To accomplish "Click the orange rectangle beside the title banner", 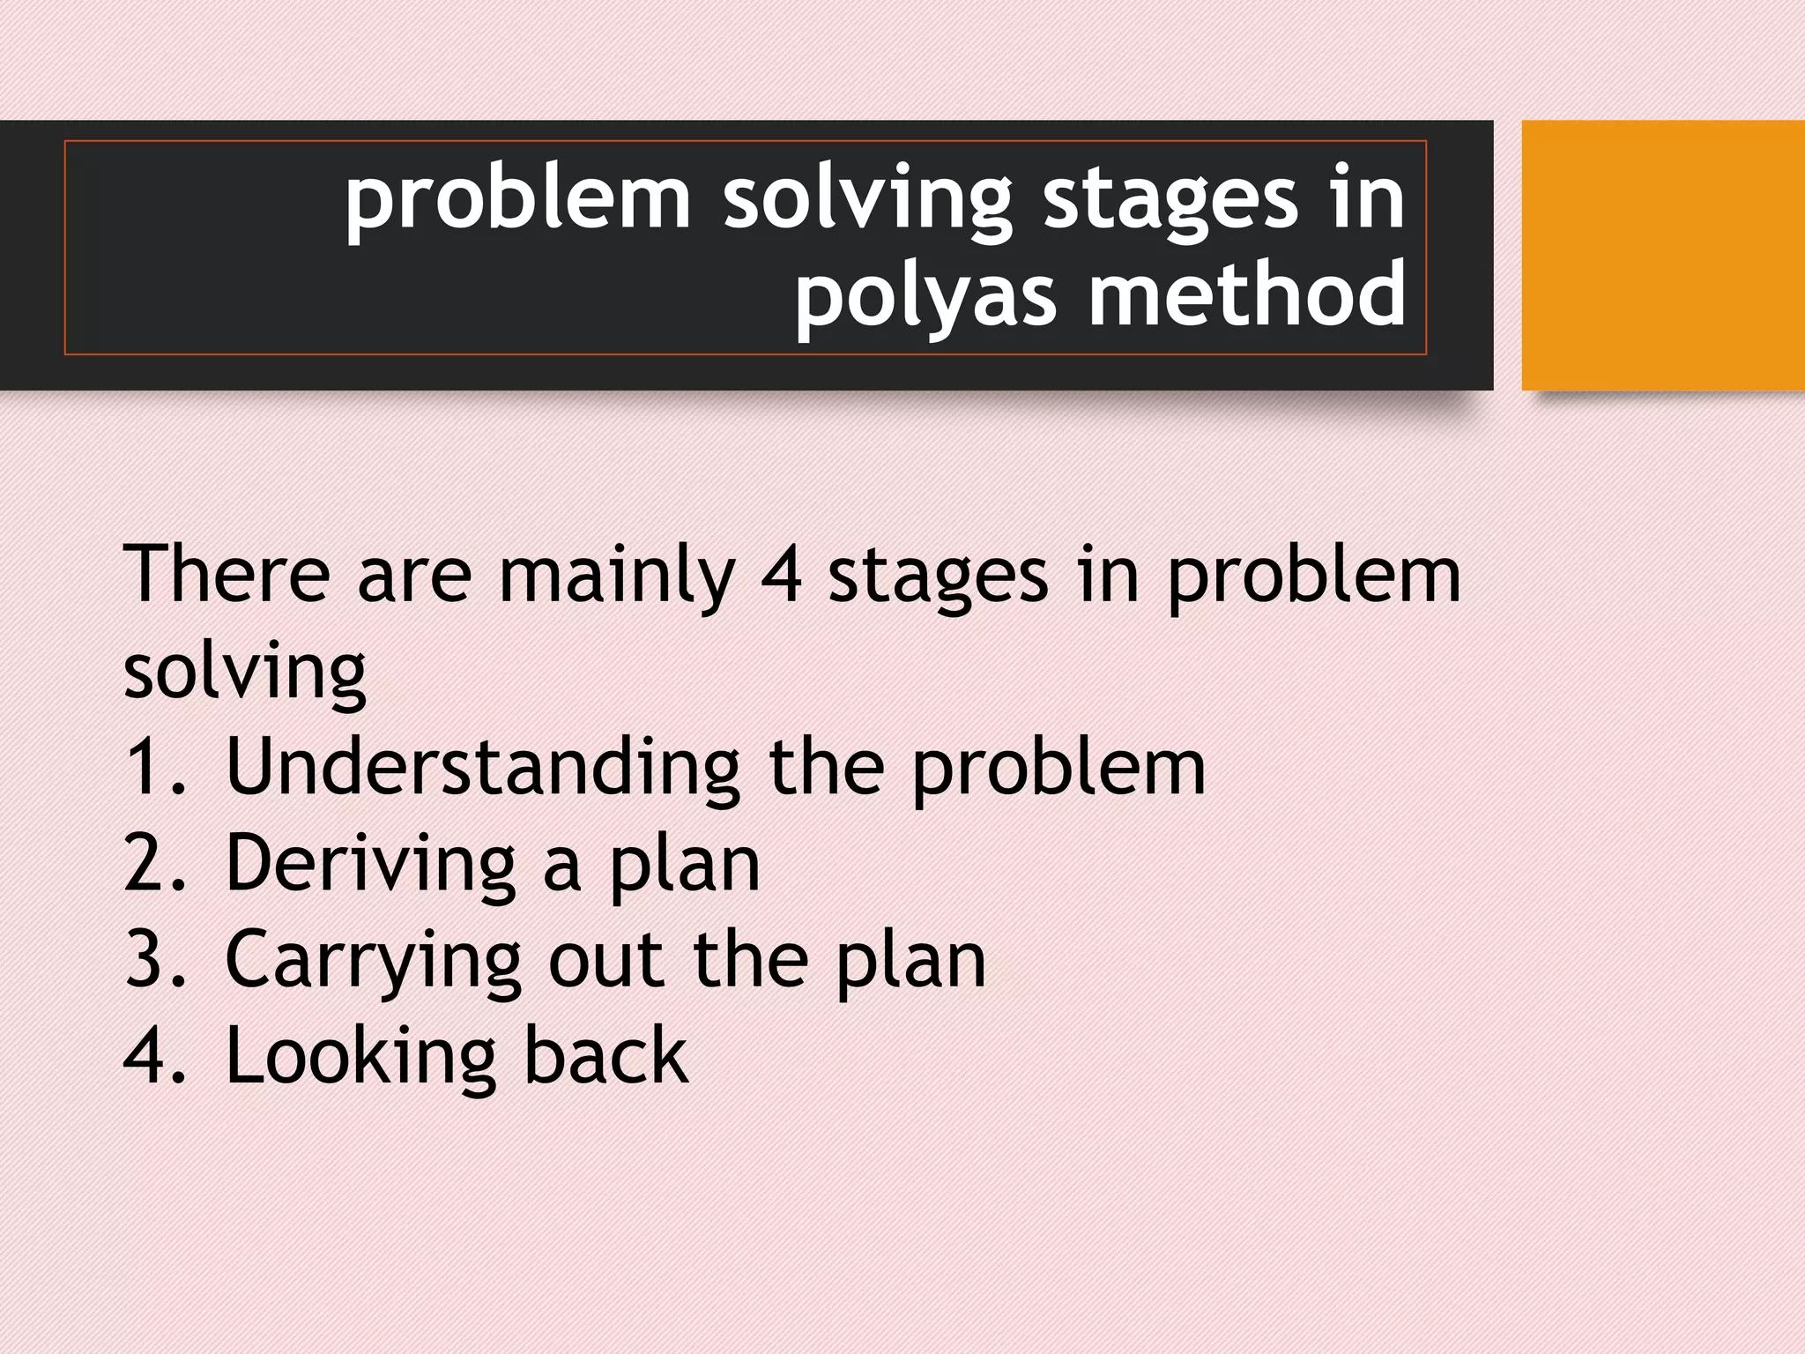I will point(1663,256).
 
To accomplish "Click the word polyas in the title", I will point(925,295).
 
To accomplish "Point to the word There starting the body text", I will point(227,574).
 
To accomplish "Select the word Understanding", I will point(482,767).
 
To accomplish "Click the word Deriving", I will point(370,864).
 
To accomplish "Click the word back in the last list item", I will point(605,1055).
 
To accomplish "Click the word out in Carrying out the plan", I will point(605,961).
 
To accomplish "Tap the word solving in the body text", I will point(244,673).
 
